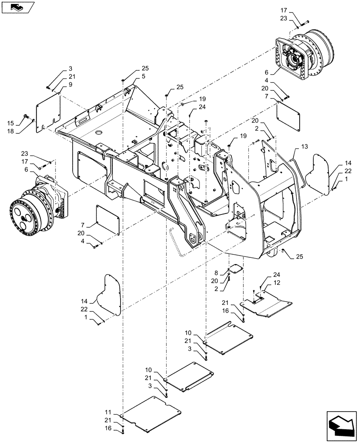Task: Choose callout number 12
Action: (276, 283)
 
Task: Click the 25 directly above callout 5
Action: (145, 69)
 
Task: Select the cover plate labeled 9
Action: (48, 110)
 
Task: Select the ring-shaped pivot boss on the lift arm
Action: (194, 239)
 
